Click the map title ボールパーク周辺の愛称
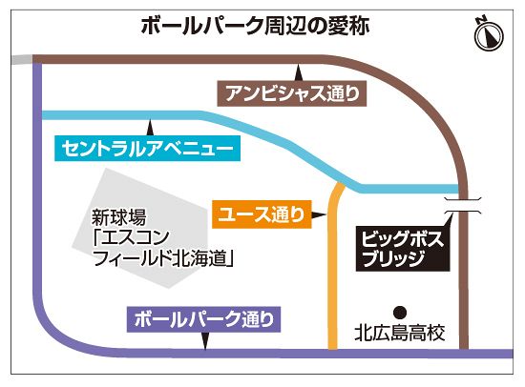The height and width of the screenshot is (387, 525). (255, 26)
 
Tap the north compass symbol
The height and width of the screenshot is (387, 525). (489, 34)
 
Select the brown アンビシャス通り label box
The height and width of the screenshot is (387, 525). (292, 93)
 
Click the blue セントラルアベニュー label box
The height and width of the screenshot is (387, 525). (147, 148)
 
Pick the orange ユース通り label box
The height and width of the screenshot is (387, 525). (262, 214)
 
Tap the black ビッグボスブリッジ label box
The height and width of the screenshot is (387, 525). (403, 248)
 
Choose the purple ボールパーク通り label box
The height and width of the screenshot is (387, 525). (203, 319)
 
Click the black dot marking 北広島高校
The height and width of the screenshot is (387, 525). (400, 313)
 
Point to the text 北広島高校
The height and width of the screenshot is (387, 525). (400, 333)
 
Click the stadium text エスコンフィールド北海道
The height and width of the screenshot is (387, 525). (163, 247)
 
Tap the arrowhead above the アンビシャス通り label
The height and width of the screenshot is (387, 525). (299, 72)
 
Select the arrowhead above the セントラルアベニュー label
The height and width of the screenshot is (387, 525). (151, 128)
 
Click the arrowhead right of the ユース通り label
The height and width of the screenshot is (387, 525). (319, 214)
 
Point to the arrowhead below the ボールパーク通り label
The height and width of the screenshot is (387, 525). (205, 341)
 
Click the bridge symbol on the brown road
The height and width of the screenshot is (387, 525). (463, 206)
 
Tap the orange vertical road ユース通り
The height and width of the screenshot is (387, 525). (332, 268)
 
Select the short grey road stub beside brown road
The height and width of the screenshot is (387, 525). (22, 59)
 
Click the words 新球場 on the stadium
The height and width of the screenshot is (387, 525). (119, 217)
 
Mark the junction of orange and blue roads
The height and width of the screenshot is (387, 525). (340, 184)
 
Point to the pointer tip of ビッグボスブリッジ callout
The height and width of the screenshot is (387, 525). (451, 214)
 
